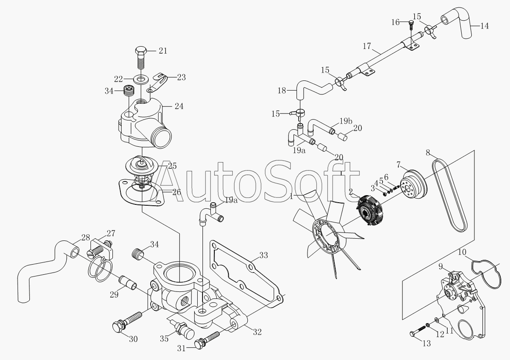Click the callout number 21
(163, 51)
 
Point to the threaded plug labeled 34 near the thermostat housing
(130, 91)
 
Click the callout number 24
(179, 106)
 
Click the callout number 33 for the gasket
(264, 255)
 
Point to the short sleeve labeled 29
(128, 283)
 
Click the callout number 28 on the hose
(86, 238)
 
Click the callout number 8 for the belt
(428, 153)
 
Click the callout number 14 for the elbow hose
(485, 25)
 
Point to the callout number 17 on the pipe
(366, 46)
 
